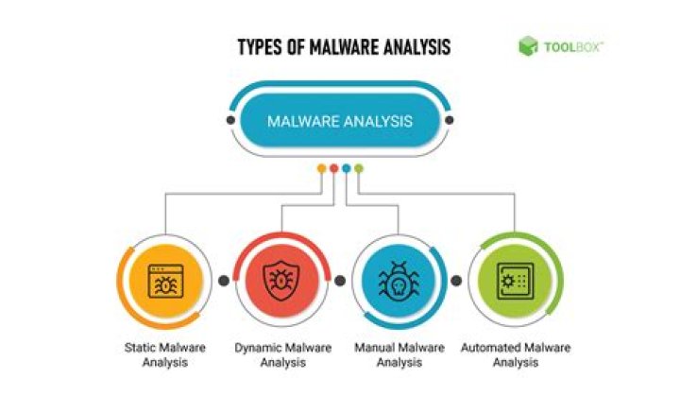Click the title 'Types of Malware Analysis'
344,47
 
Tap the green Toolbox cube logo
528,46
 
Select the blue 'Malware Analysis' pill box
340,120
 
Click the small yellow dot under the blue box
322,168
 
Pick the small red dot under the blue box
334,168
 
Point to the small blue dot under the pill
346,168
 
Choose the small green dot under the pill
358,168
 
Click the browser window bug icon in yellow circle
165,281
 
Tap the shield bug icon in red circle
281,281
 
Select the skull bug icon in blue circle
399,281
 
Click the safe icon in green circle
516,281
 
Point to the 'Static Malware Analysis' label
164,354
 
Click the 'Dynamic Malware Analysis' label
282,354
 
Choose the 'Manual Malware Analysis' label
399,354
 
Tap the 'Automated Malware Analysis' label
516,354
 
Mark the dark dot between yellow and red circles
224,281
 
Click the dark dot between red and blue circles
340,281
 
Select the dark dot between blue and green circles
456,281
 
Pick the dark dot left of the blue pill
230,120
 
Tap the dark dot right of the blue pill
450,120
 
